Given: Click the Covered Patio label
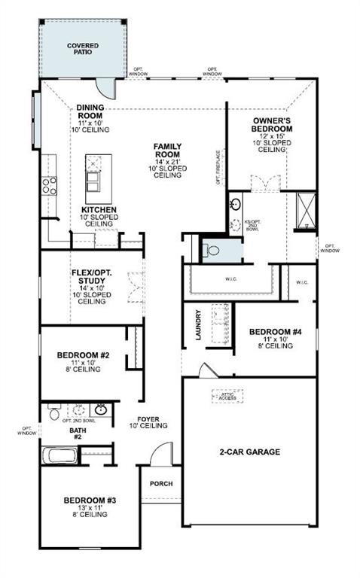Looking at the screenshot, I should (x=82, y=50).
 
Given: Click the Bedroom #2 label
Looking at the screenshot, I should (x=84, y=360).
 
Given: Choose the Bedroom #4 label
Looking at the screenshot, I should (x=276, y=336).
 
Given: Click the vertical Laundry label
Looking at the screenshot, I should (x=198, y=325).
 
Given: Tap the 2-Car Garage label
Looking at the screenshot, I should (x=249, y=452).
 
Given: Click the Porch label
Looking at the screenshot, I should (x=160, y=483).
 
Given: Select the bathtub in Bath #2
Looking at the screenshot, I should (x=59, y=455).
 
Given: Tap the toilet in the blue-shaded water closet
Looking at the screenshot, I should (x=212, y=251).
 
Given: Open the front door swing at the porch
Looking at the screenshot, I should (x=160, y=457).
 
